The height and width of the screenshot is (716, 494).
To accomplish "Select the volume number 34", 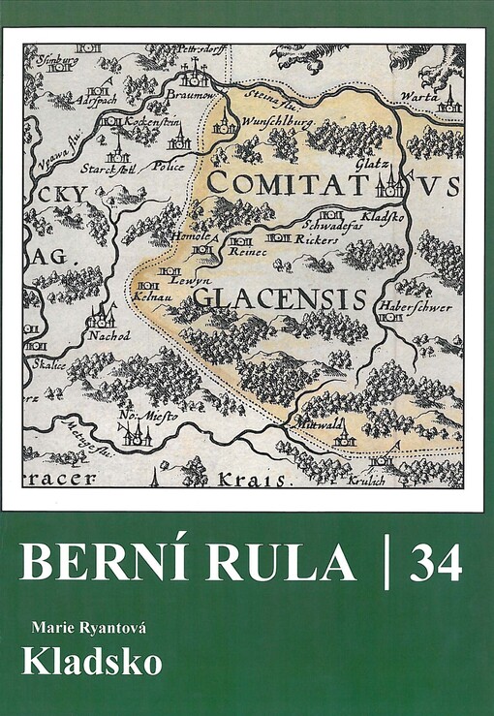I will (435, 563).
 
